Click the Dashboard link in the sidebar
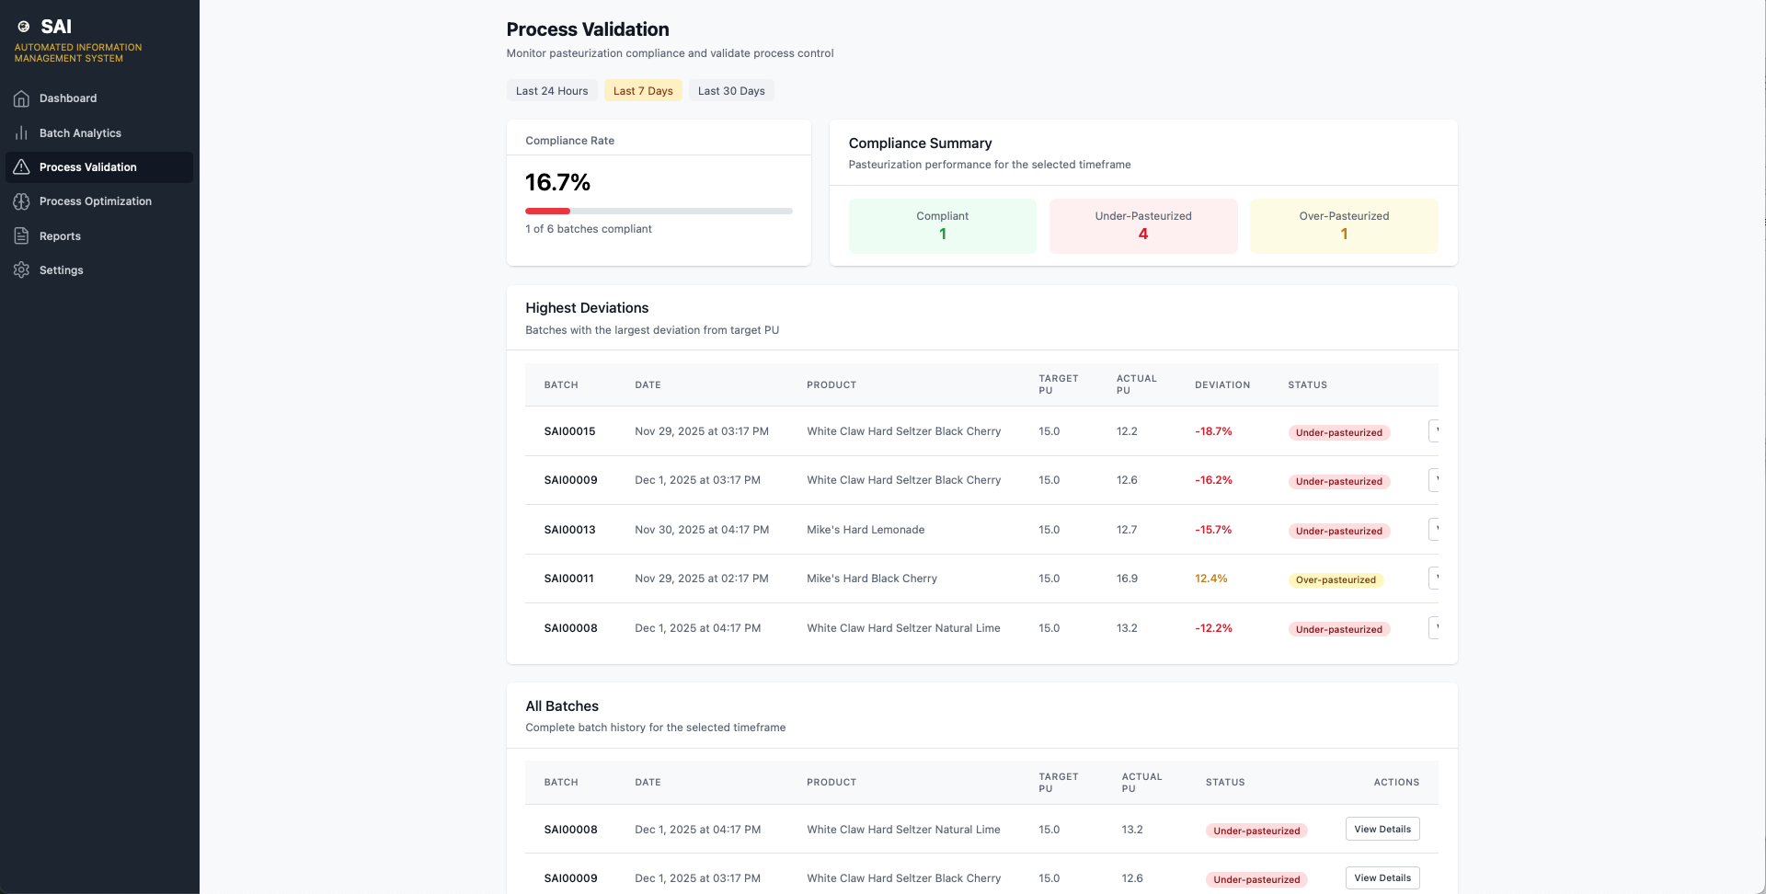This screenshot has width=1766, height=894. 68,98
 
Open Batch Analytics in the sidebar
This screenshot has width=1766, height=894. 80,133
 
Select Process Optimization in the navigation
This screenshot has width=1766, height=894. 96,201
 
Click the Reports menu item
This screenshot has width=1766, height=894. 60,236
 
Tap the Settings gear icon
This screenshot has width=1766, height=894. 21,270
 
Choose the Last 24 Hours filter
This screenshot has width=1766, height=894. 552,91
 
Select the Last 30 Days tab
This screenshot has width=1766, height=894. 731,91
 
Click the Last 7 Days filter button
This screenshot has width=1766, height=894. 643,91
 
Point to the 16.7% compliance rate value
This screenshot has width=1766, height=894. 558,182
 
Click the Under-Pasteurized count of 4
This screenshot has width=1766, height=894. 1143,234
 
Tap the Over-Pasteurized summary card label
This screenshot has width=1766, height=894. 1344,216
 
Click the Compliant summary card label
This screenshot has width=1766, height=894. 943,216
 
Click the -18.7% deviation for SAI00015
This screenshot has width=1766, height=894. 1213,431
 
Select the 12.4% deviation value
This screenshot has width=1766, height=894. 1211,579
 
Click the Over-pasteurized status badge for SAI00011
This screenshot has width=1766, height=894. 1336,579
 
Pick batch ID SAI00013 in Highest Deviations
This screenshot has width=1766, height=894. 569,530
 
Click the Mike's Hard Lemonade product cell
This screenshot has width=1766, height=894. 866,530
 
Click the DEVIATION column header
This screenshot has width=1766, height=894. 1222,385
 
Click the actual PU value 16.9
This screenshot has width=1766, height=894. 1127,579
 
